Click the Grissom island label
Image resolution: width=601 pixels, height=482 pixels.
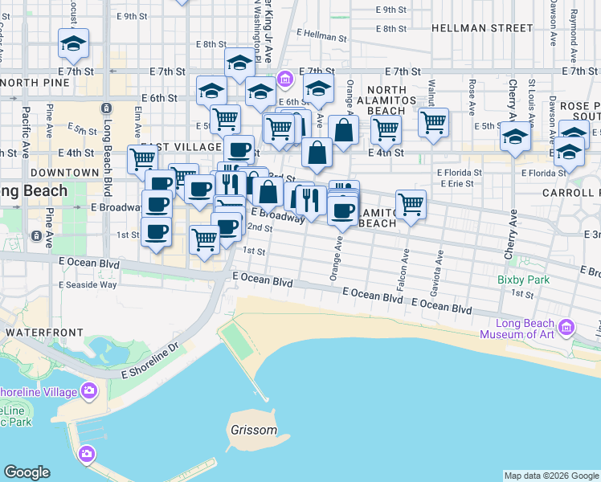[x=253, y=430]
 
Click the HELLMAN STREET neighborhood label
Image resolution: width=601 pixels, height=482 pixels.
[x=482, y=28]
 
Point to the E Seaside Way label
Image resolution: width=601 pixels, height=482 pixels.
[x=88, y=284]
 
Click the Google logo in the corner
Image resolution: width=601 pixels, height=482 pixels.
[x=27, y=472]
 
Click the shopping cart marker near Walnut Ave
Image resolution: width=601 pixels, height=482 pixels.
[x=433, y=123]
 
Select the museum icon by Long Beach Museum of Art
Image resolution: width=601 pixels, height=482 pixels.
[x=567, y=327]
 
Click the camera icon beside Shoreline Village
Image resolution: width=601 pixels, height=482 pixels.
[x=88, y=391]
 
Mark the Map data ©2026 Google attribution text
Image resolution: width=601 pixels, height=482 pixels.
[x=551, y=476]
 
